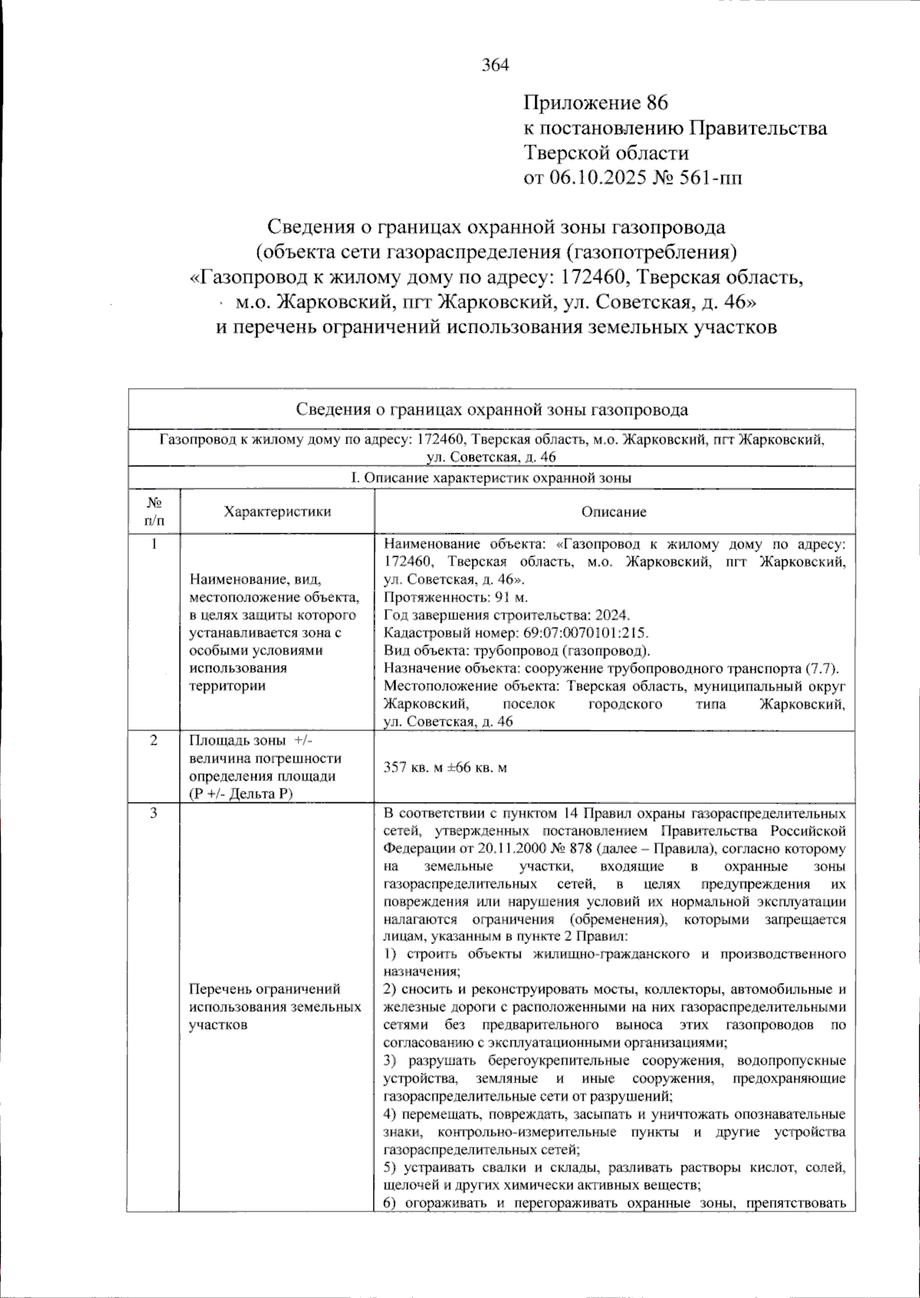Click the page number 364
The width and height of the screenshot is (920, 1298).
(495, 65)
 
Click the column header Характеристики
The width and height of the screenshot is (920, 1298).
(278, 512)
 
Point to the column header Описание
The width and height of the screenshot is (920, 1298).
(614, 512)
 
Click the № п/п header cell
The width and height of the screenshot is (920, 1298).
(154, 512)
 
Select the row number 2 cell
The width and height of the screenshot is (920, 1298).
(154, 740)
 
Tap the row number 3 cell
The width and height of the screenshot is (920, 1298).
(154, 813)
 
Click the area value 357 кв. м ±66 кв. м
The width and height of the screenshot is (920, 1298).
(445, 767)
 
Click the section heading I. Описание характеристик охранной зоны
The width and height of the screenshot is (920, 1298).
(491, 478)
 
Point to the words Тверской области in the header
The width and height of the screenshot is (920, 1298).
(606, 153)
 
